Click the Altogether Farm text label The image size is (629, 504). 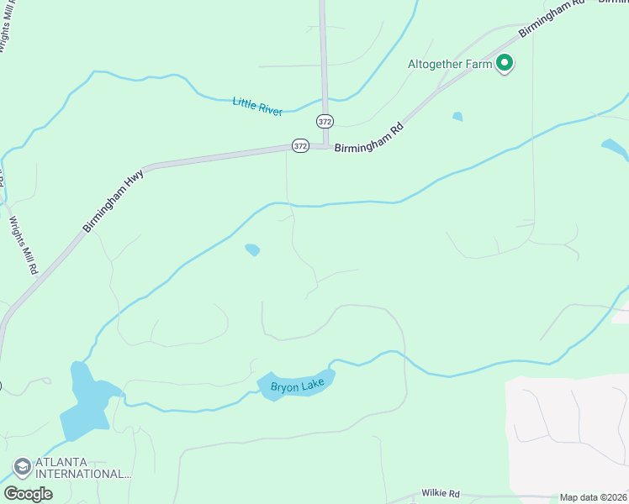(448, 64)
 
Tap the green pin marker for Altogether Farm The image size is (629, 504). (505, 63)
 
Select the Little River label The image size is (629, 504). (257, 106)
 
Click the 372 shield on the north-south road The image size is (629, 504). (325, 121)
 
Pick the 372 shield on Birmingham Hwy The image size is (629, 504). (300, 146)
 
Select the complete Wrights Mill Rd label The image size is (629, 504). (24, 246)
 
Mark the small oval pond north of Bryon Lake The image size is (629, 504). (252, 249)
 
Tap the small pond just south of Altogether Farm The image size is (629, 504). (457, 117)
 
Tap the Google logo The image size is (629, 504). (28, 494)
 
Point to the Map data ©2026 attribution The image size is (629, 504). (593, 497)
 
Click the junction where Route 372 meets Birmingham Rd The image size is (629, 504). (325, 146)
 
